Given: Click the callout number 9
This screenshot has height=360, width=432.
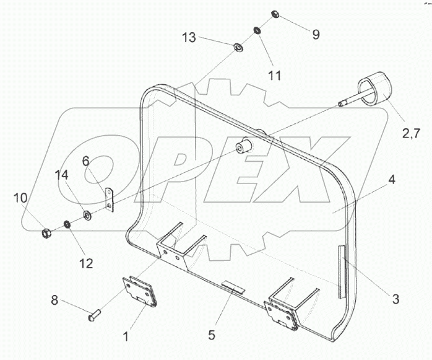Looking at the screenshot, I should coord(316,35).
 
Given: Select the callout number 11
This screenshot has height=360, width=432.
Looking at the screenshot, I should coord(274,75).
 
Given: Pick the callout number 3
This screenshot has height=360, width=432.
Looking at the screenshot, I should coord(394,299).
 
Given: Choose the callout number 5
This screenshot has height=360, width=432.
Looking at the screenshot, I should coord(212,335).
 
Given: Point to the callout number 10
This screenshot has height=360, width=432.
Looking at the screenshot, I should coord(21,198).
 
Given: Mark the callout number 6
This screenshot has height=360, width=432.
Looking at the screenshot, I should coord(86,161).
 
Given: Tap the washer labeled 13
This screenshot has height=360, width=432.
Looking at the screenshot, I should coord(238,47).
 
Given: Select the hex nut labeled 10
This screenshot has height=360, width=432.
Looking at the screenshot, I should coord(45,233).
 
